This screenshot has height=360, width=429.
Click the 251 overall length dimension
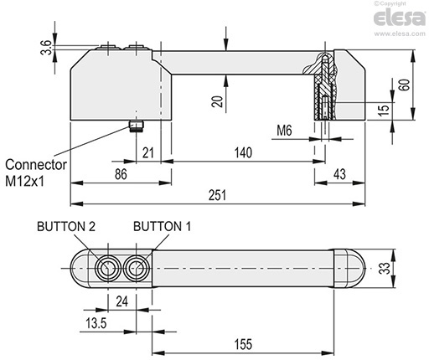[217, 195]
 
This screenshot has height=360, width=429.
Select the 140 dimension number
[243, 152]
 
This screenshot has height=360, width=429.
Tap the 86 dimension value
[121, 174]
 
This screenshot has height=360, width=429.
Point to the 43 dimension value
[339, 174]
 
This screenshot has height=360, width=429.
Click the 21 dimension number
[148, 152]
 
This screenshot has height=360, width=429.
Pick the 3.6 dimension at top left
[47, 48]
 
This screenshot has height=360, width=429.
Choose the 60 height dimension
[405, 85]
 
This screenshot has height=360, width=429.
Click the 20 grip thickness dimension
[217, 101]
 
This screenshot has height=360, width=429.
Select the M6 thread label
[284, 131]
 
